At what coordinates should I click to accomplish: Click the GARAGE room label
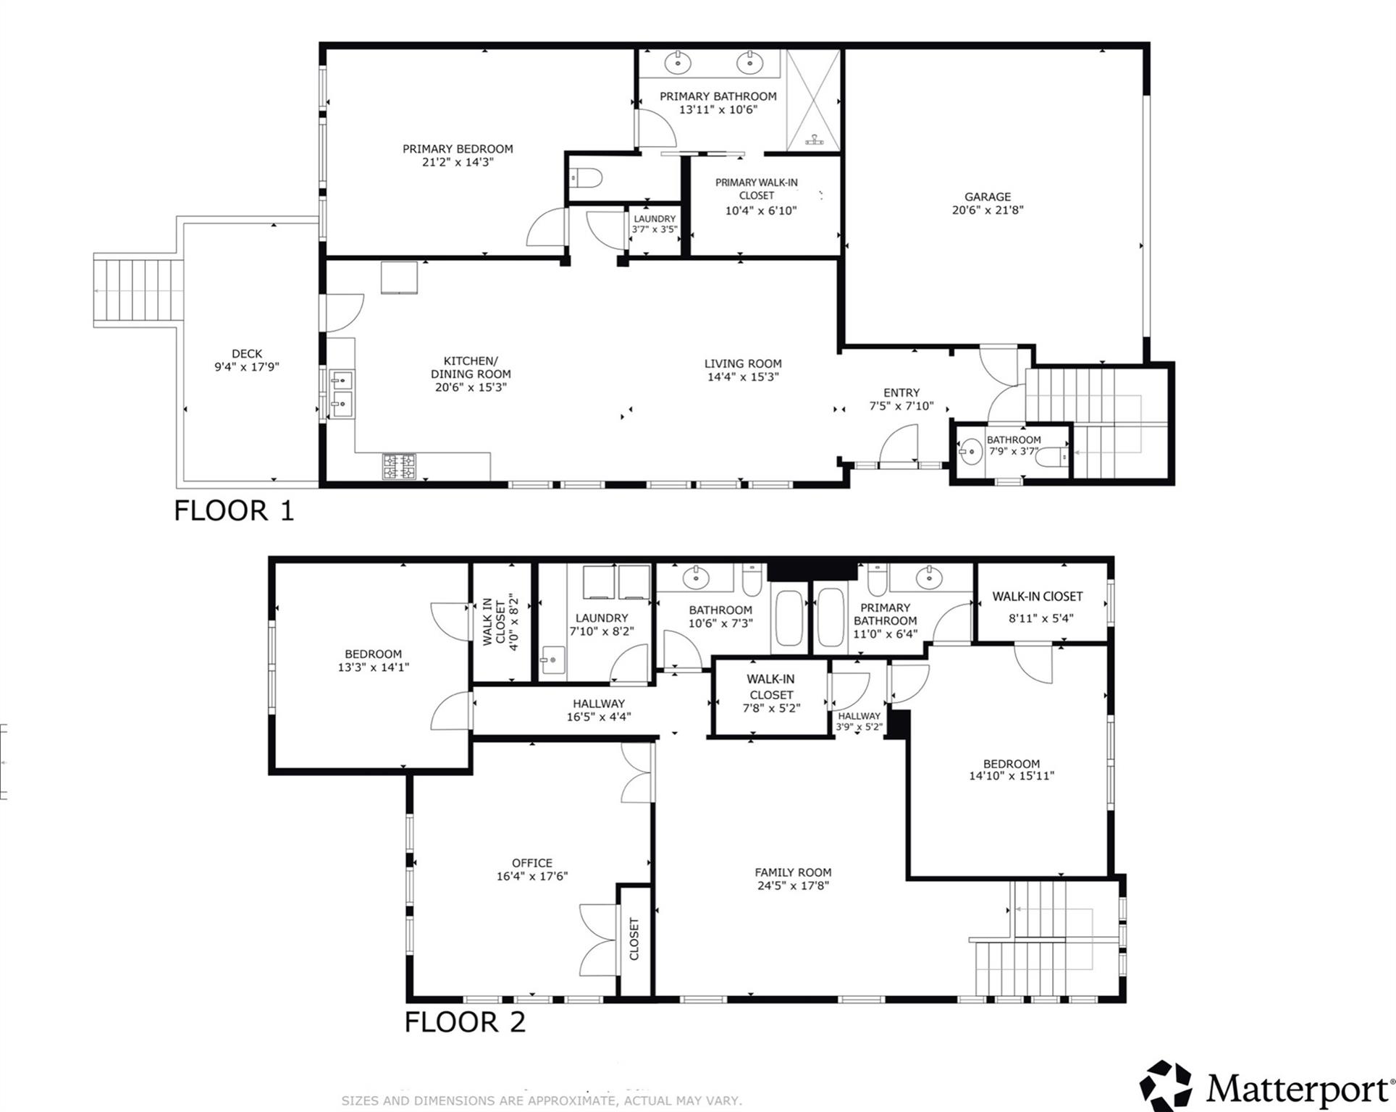click(x=987, y=196)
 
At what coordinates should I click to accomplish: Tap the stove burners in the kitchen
click(x=399, y=466)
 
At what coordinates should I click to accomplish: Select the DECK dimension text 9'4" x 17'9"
click(x=246, y=367)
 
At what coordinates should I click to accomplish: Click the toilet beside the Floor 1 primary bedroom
click(x=587, y=177)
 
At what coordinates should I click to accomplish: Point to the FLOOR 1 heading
click(x=234, y=511)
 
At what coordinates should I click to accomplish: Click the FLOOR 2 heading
click(x=464, y=1022)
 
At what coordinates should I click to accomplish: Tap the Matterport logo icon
click(x=1165, y=1086)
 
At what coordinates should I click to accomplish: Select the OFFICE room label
click(x=531, y=863)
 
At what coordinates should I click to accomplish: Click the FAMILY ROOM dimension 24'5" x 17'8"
click(x=792, y=885)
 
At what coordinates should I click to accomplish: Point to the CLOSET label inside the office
click(x=634, y=939)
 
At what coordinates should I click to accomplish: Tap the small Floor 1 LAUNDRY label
click(x=655, y=219)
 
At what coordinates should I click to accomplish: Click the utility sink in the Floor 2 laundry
click(x=552, y=660)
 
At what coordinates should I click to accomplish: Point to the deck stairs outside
click(x=137, y=290)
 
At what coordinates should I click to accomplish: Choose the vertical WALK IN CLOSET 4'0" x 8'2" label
click(x=500, y=623)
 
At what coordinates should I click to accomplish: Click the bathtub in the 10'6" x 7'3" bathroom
click(x=789, y=618)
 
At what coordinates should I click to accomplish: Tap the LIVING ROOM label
click(x=743, y=363)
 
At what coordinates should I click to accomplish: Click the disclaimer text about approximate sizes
click(x=542, y=1100)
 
